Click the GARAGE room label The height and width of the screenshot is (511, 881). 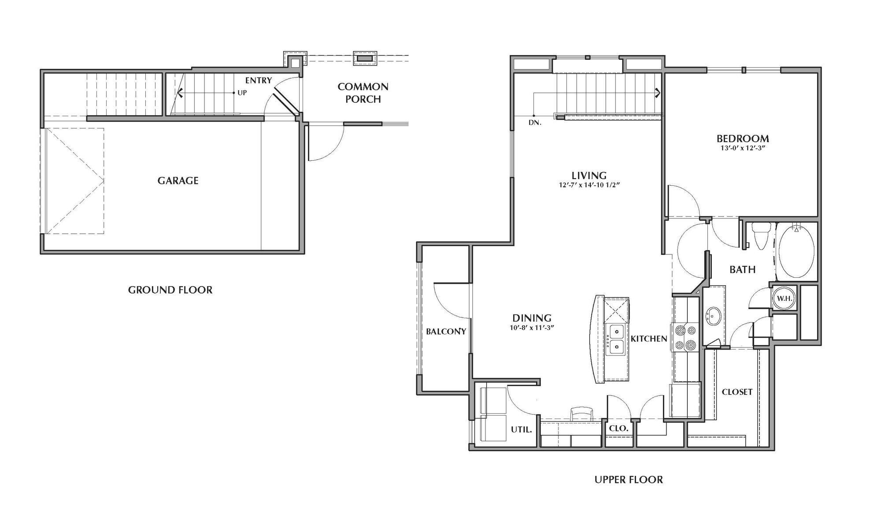click(178, 180)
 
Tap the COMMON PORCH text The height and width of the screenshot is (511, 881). click(363, 93)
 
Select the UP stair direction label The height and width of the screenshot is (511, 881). click(242, 93)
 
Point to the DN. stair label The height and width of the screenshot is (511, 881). click(535, 123)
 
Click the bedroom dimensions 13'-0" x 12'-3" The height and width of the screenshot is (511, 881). click(743, 148)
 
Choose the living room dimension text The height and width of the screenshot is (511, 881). click(589, 185)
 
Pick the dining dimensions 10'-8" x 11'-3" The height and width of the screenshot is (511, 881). click(532, 327)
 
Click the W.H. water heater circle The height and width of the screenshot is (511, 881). click(785, 298)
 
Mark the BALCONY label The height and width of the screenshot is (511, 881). click(446, 331)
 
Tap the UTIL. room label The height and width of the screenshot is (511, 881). click(521, 429)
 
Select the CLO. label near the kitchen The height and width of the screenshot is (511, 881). click(618, 428)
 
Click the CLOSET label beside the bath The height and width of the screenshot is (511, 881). click(737, 392)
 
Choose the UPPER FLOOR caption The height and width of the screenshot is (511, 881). click(629, 480)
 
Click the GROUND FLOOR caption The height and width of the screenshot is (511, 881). click(170, 290)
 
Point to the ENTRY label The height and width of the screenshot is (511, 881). click(259, 81)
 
